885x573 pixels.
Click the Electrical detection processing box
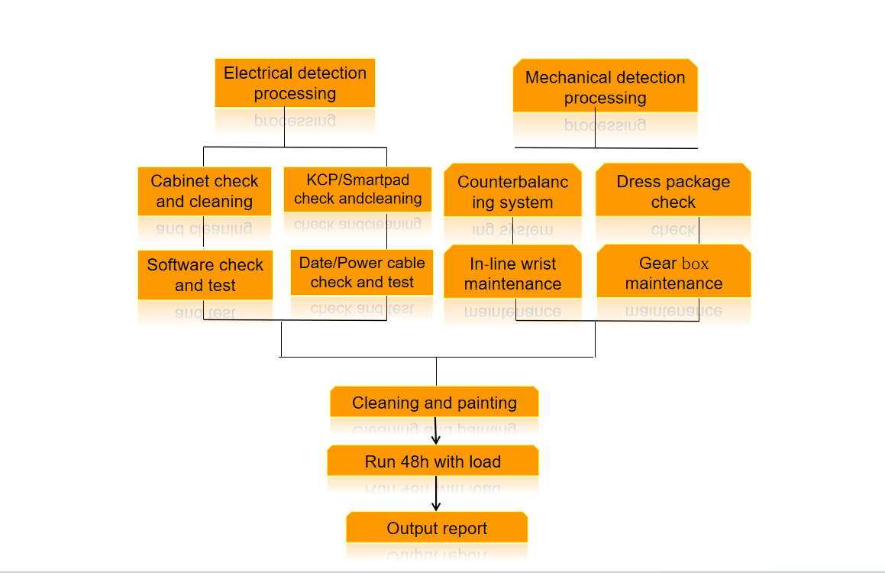coord(295,83)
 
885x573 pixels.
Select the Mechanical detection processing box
coord(605,86)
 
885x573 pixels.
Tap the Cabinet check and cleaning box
coord(205,191)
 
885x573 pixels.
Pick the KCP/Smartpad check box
coord(358,189)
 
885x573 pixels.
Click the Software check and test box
coord(205,275)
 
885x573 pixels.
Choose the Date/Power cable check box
coord(362,272)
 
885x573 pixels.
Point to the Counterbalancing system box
coord(512,190)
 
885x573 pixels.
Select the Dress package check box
coord(673,189)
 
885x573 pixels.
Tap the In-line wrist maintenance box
coord(512,271)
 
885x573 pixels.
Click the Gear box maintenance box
coord(674,271)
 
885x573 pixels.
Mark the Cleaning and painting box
coord(434,402)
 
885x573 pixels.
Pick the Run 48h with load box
coord(433,461)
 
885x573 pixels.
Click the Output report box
coord(437,527)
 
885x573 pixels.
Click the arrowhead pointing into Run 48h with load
coord(436,439)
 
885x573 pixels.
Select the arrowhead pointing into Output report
coord(436,506)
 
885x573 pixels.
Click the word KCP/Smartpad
coord(358,180)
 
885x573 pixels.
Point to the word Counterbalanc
coord(512,182)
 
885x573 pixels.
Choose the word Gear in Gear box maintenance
coord(657,263)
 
